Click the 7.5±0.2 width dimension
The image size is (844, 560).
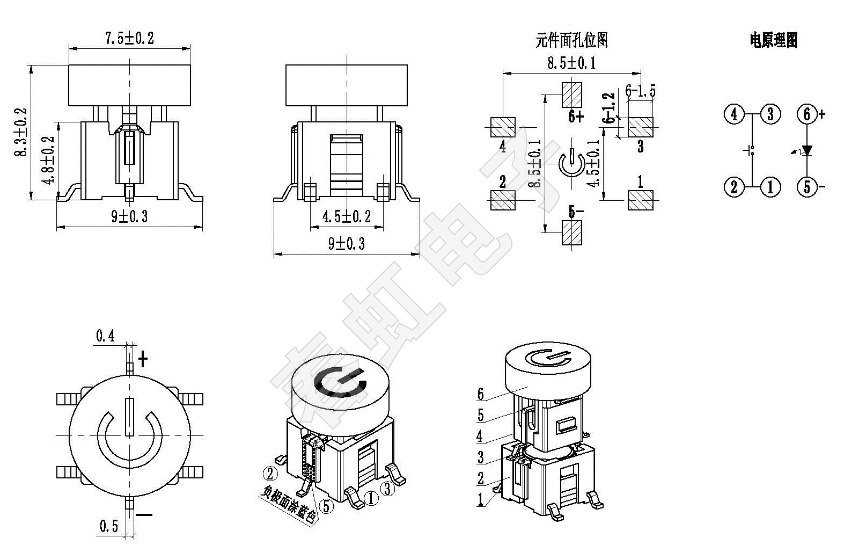pyautogui.click(x=129, y=39)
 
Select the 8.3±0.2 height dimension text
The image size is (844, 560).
pyautogui.click(x=21, y=132)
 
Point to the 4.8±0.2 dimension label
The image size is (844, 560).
pyautogui.click(x=49, y=160)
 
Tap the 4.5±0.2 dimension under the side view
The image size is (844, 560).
pyautogui.click(x=346, y=216)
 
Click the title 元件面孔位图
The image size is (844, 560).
pyautogui.click(x=571, y=40)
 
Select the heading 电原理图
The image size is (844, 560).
pyautogui.click(x=774, y=40)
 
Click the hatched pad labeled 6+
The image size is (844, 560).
pyautogui.click(x=571, y=95)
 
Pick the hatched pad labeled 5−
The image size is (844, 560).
pyautogui.click(x=571, y=232)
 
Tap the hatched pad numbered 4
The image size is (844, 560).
pyautogui.click(x=503, y=127)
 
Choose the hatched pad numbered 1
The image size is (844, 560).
pyautogui.click(x=640, y=200)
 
